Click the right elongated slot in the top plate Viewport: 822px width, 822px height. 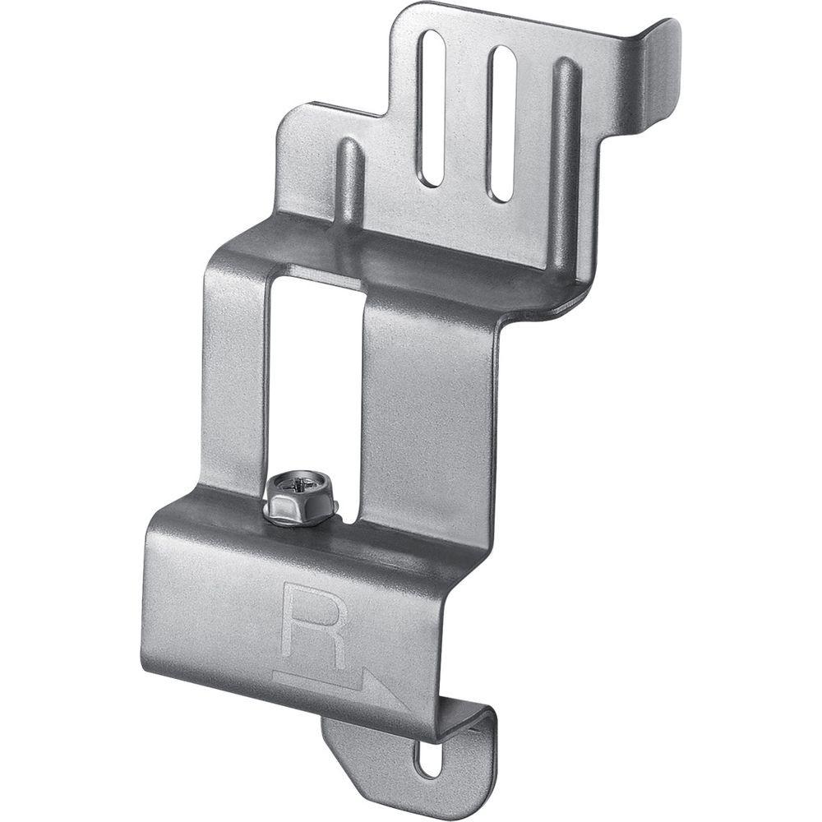coord(501,123)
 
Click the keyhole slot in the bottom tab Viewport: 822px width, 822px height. coord(428,758)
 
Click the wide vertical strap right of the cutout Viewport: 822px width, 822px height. coord(427,411)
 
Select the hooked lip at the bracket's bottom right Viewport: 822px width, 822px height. coord(477,719)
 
